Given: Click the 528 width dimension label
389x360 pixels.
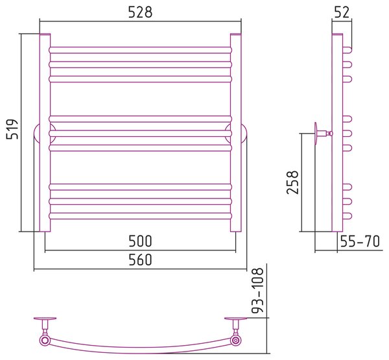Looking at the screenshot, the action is pos(140,12).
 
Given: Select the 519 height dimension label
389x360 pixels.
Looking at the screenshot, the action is pos(12,129).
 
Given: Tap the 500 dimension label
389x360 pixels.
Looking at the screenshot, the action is pos(140,241).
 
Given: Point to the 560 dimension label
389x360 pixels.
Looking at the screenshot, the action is pos(140,259).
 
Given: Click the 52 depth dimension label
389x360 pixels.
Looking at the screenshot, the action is pos(342,12).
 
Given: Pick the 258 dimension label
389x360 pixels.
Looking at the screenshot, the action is pos(292,182).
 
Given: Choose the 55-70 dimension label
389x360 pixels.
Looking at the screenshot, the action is pos(360,241).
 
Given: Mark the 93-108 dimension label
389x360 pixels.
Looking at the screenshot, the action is pos(257,291).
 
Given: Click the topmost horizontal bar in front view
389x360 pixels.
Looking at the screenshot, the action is pos(141,50).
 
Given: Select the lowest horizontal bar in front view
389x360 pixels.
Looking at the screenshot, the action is pos(141,216).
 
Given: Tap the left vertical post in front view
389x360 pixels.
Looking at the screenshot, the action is pos(45,132).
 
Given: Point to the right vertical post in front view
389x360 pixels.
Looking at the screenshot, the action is pos(236,132).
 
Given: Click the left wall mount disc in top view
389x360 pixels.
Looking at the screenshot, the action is pos(45,318).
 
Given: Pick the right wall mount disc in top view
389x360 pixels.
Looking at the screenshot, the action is pos(236,318).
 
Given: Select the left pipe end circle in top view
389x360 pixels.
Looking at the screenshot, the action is pos(45,340).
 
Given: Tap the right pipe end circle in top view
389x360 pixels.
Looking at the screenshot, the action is pos(235,340).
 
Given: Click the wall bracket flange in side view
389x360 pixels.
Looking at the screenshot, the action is pos(316,134).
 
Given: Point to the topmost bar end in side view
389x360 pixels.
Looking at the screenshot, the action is pos(348,50).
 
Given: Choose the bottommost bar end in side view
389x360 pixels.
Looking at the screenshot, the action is pos(348,216).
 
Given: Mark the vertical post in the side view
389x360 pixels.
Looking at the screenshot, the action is pos(337,132).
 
